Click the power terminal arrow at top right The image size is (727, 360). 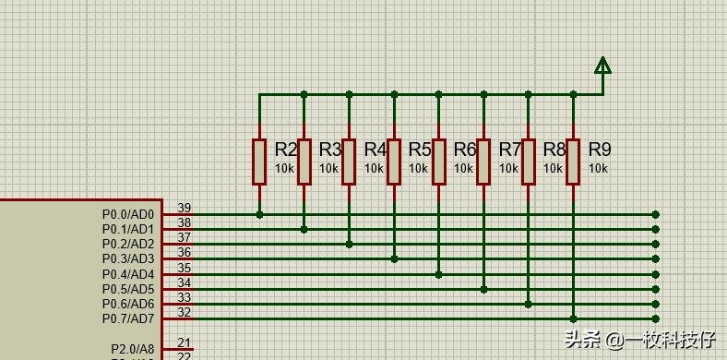click(602, 65)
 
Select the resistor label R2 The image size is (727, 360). click(286, 150)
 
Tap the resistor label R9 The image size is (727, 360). click(600, 150)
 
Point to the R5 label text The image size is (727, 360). click(420, 150)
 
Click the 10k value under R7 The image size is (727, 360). click(508, 169)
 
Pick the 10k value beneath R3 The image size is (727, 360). click(329, 169)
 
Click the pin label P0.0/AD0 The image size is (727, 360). click(128, 214)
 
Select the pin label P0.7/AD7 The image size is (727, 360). click(128, 319)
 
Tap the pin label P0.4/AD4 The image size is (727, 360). click(128, 274)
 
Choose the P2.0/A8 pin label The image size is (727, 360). click(133, 349)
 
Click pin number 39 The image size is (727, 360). click(185, 209)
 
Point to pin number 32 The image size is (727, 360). click(185, 313)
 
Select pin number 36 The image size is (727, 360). click(185, 253)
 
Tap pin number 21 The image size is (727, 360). click(185, 343)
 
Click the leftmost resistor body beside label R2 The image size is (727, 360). click(259, 162)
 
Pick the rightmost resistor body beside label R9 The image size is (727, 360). click(573, 162)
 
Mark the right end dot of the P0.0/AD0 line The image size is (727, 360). click(656, 214)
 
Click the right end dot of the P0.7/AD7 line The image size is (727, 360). click(656, 319)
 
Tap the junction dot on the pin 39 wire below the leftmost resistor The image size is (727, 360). click(259, 214)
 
